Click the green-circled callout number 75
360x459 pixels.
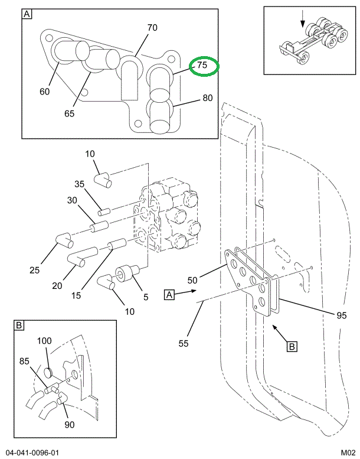tap(202, 66)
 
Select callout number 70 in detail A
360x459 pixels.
tap(152, 27)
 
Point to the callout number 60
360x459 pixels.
tap(45, 91)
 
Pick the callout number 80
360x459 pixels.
tap(207, 98)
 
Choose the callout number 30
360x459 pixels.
tap(72, 200)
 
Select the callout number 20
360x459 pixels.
tap(57, 286)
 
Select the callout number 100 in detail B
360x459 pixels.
tap(45, 341)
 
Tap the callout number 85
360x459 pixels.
tap(24, 360)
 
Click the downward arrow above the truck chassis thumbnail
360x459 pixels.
tap(303, 20)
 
